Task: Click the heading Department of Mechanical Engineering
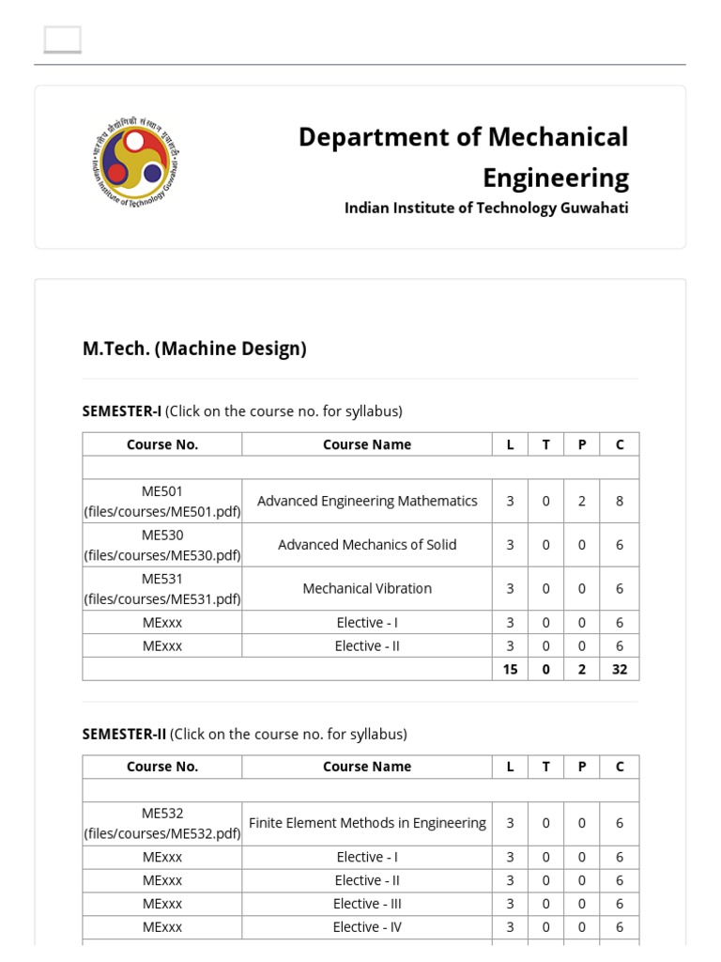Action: pos(463,157)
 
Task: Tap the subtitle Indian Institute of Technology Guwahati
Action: pos(486,208)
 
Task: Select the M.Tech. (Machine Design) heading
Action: pos(194,349)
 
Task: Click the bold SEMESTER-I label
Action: pos(122,411)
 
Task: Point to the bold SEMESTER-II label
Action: pos(124,734)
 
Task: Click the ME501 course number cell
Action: pos(162,501)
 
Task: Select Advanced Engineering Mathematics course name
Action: pos(367,501)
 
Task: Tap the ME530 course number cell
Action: pos(162,545)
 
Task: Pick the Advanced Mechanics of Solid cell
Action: pos(367,545)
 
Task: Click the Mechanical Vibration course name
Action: pos(367,589)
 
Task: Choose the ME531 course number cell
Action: pos(162,589)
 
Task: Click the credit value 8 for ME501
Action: pos(620,501)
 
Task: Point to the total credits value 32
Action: pos(620,669)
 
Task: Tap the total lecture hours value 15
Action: pos(510,669)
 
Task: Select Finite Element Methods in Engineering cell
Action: pos(367,823)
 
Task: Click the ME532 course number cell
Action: pos(162,823)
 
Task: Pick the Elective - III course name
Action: pos(367,904)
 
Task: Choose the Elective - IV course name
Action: pos(367,927)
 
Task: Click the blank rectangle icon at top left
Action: pos(63,39)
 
